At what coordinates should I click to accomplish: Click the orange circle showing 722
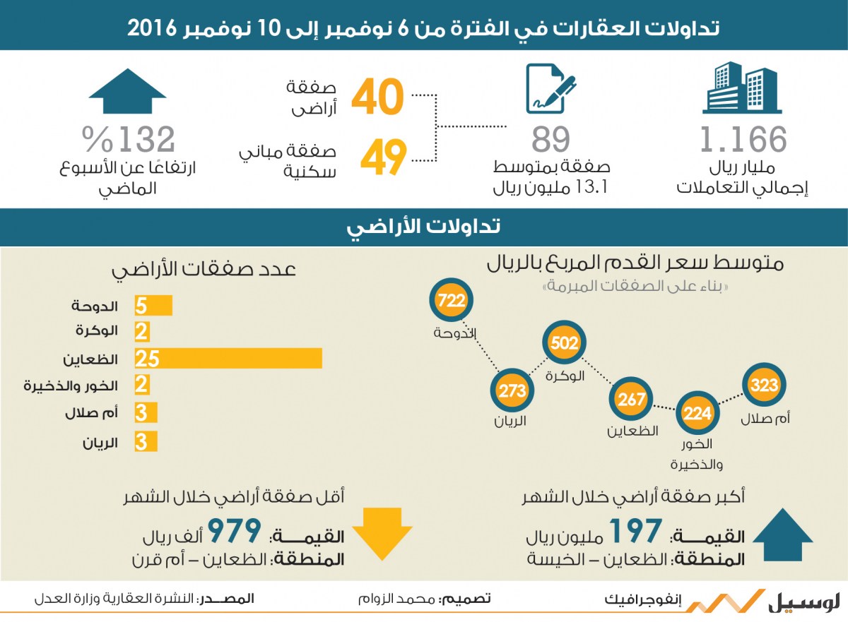(x=452, y=300)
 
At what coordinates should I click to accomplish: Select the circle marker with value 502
(x=564, y=342)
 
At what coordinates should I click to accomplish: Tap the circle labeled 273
(x=512, y=390)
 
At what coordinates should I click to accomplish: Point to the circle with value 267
(x=631, y=399)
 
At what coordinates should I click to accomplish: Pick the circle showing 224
(x=697, y=413)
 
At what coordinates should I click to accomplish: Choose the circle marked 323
(x=765, y=385)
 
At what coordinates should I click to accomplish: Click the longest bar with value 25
(x=228, y=359)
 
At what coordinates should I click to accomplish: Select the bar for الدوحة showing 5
(x=153, y=306)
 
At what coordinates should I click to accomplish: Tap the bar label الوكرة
(x=97, y=331)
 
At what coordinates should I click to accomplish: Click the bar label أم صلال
(x=91, y=412)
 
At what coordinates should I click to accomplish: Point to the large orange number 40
(x=377, y=97)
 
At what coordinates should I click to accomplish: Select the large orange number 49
(x=383, y=157)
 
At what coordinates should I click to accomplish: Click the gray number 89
(x=550, y=140)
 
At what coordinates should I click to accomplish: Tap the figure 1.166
(x=743, y=140)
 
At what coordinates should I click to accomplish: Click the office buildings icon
(x=742, y=88)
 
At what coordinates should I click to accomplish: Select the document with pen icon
(x=550, y=88)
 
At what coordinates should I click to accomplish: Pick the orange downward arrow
(x=382, y=534)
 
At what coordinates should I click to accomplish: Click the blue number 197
(x=635, y=531)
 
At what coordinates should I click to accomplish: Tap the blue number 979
(x=235, y=531)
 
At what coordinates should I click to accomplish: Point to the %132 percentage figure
(x=129, y=139)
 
